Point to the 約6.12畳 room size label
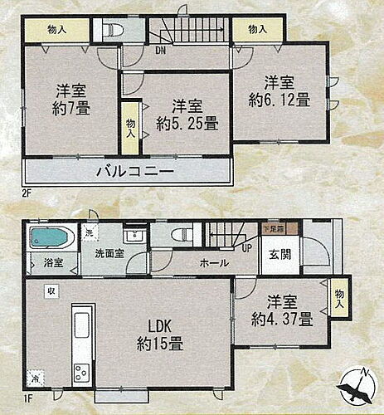point(280,101)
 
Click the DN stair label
point(159,50)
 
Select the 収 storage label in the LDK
point(50,292)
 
